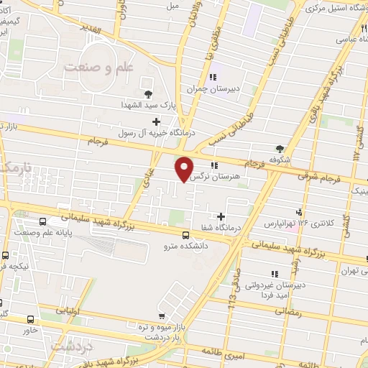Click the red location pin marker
pyautogui.click(x=185, y=167)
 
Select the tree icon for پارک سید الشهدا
pyautogui.click(x=149, y=93)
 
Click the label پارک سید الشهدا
pyautogui.click(x=147, y=105)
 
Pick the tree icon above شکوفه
pyautogui.click(x=280, y=147)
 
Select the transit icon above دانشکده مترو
pyautogui.click(x=186, y=234)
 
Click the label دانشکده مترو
pyautogui.click(x=187, y=245)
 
